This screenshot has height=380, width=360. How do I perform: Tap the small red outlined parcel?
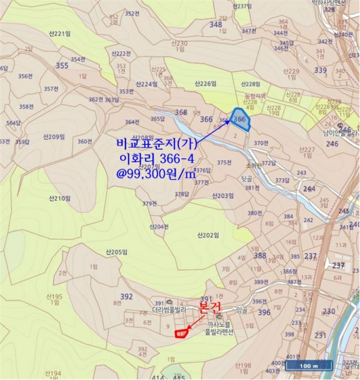(x=180, y=333)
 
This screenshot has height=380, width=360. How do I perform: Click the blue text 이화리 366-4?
(x=155, y=159)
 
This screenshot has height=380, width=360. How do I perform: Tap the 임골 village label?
(x=242, y=310)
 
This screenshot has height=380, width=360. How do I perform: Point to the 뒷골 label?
(x=247, y=178)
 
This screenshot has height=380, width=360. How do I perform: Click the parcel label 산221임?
(x=60, y=34)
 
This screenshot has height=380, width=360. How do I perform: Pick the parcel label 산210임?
(x=60, y=199)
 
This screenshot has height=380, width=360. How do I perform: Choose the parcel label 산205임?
(x=116, y=251)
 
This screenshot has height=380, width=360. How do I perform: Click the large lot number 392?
(x=126, y=296)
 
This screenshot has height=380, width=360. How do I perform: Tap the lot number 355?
(x=62, y=66)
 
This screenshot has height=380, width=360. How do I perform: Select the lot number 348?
(x=216, y=24)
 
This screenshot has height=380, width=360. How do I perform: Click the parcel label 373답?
(x=281, y=180)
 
